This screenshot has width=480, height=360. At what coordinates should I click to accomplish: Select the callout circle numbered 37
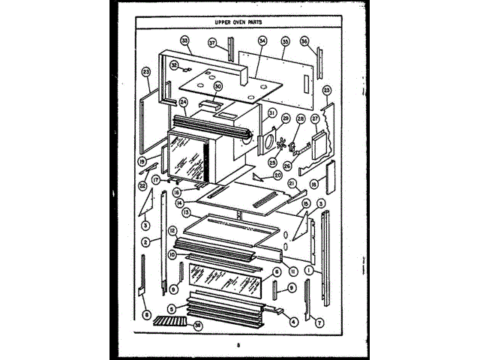click(x=212, y=43)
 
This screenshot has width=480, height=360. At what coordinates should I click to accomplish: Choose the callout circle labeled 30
click(x=217, y=86)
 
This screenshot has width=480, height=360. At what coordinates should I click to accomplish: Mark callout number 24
click(x=182, y=102)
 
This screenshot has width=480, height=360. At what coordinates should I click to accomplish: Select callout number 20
click(x=277, y=175)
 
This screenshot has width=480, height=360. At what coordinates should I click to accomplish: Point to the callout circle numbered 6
click(x=276, y=271)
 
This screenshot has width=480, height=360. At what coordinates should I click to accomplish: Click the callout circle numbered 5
click(x=172, y=307)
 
